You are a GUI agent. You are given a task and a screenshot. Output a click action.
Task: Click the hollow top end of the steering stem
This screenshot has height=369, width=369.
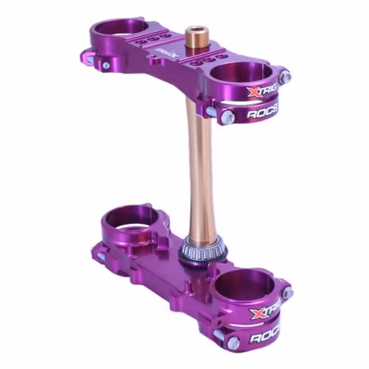pos(196,37)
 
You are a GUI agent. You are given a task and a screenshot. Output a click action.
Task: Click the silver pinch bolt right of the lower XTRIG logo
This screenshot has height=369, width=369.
pos(286,292)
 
